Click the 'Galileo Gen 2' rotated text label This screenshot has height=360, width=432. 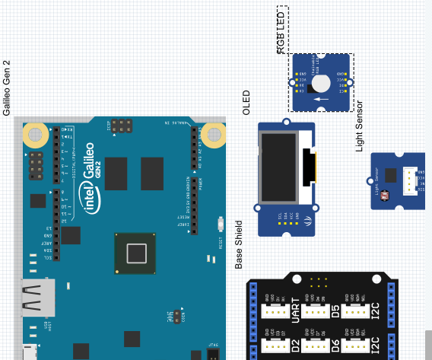pos(7,88)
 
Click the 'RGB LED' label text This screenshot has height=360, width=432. pos(281,31)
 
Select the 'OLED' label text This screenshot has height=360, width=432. pos(246,102)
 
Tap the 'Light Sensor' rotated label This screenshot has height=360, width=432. pos(360,126)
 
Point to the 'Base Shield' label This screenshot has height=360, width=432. pos(239,245)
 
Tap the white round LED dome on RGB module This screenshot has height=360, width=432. pos(321,84)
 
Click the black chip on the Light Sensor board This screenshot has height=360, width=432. pos(391,175)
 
